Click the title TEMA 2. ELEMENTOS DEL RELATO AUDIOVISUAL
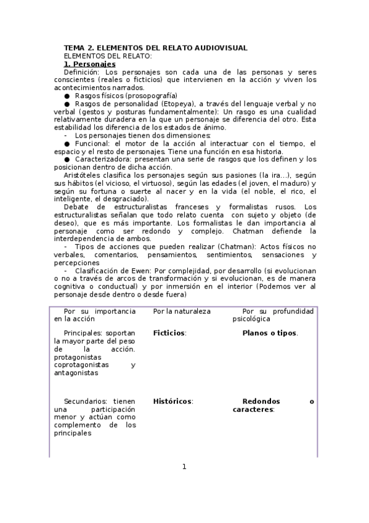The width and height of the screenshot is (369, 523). point(156,47)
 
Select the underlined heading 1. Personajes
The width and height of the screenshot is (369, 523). point(90,64)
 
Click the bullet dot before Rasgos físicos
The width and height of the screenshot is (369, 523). point(67,96)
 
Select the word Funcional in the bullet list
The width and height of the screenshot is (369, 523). point(91,144)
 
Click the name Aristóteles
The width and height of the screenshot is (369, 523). point(84,176)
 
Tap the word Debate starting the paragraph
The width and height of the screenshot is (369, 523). point(76,207)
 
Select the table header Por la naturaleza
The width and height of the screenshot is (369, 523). point(182,311)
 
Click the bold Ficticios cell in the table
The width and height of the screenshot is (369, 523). point(169,333)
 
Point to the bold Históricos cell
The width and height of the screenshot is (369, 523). point(172,402)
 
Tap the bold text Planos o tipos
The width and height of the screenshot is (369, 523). point(270,333)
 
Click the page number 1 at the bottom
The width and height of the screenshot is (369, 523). point(184,466)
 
